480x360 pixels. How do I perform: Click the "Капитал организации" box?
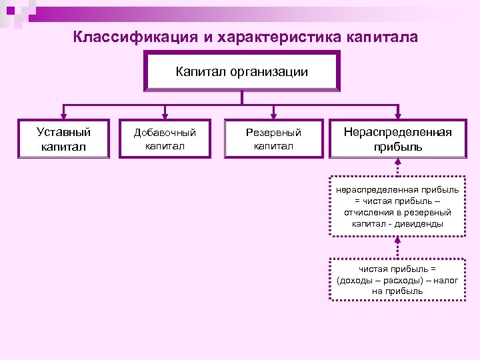point(241,71)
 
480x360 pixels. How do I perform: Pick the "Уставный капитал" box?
point(63,139)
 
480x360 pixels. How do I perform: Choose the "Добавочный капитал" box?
point(165,139)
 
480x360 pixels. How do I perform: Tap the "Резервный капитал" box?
point(273,139)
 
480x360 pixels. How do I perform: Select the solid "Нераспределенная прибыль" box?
point(397,139)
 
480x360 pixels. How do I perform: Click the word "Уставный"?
point(63,132)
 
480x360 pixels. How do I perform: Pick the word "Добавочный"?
point(165,133)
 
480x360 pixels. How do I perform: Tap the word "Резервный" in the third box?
point(273,133)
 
